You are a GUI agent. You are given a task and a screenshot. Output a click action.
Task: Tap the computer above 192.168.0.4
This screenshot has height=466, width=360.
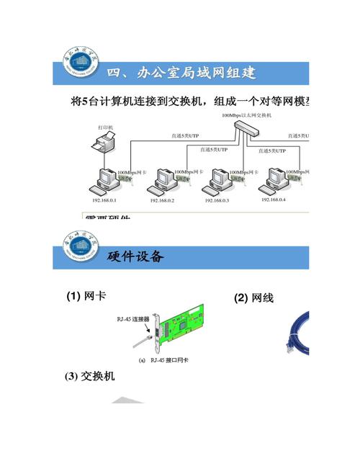tap(275, 180)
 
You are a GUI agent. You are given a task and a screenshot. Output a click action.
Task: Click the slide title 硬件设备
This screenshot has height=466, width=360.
tap(135, 256)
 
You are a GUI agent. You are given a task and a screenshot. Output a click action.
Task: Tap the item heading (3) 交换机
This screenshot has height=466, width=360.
tap(90, 376)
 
